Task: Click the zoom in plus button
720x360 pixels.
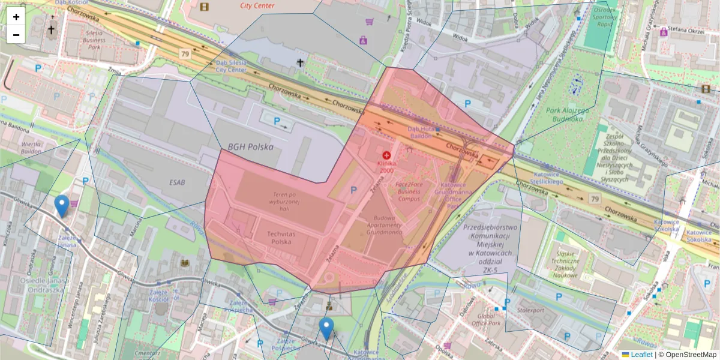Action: pyautogui.click(x=16, y=17)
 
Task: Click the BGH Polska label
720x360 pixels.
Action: pyautogui.click(x=250, y=147)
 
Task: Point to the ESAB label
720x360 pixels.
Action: pyautogui.click(x=178, y=183)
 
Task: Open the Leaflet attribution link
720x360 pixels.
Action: pyautogui.click(x=641, y=355)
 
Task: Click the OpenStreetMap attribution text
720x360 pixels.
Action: pyautogui.click(x=687, y=355)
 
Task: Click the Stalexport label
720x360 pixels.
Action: pyautogui.click(x=530, y=311)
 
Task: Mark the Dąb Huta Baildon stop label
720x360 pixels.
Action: pyautogui.click(x=422, y=133)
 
